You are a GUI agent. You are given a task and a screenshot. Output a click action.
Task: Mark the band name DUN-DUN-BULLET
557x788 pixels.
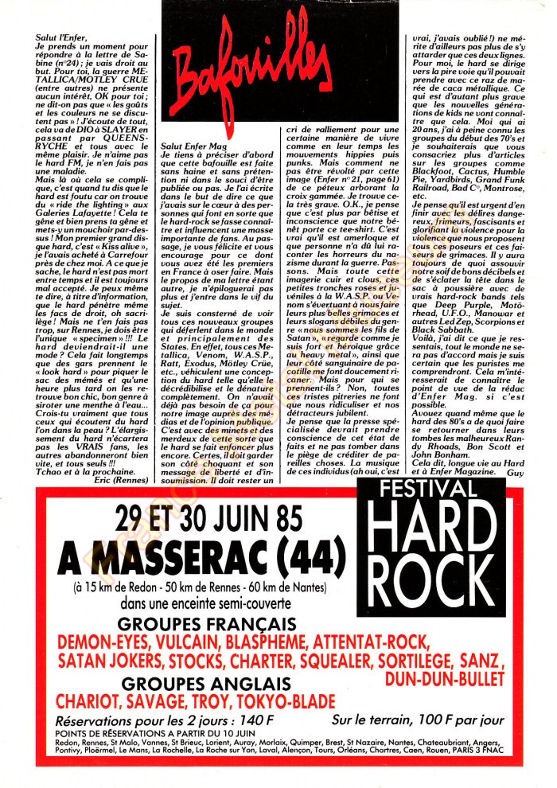[445, 678]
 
